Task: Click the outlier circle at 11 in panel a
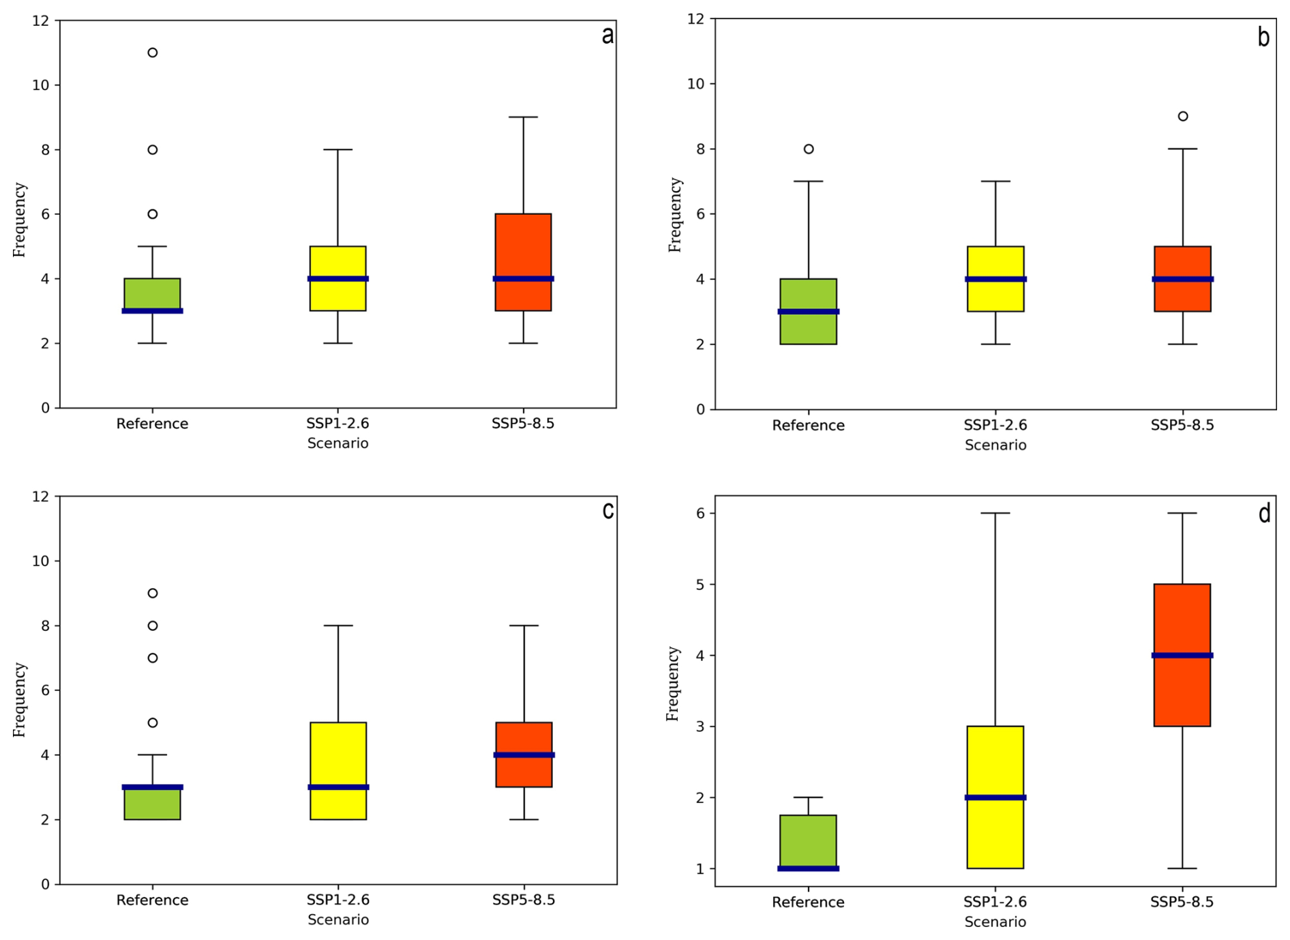coord(153,53)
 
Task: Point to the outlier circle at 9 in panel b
coord(1183,116)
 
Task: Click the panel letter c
coord(608,511)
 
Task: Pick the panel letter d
coord(1264,514)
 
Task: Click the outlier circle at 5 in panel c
coord(153,722)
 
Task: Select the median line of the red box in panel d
coord(1182,656)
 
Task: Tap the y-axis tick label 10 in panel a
coord(41,85)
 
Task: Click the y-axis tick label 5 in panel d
coord(702,585)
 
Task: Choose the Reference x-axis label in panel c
coord(152,900)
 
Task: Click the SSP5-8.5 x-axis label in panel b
coord(1182,425)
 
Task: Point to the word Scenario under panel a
coord(337,443)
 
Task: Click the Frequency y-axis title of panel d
coord(673,684)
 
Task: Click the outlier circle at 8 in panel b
coord(809,149)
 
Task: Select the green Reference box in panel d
coord(808,840)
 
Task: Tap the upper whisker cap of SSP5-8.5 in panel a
coord(524,117)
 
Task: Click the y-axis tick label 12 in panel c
coord(41,497)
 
